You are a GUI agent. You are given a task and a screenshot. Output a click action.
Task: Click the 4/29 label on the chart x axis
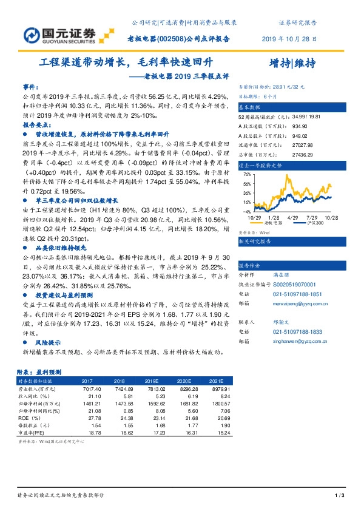(x=292, y=216)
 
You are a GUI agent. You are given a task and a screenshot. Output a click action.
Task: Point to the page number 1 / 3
(x=340, y=496)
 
